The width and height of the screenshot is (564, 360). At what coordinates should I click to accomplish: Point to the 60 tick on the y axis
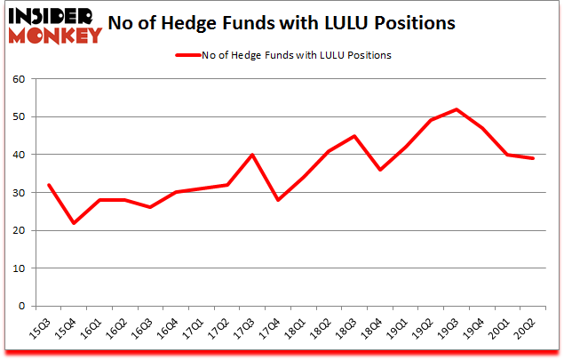click(20, 79)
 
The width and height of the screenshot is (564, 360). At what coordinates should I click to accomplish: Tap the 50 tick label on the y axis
click(20, 117)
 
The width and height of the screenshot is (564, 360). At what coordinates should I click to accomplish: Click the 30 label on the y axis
click(20, 193)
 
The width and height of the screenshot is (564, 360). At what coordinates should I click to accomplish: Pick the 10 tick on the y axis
click(20, 268)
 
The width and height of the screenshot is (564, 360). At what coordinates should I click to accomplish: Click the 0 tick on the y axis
click(23, 307)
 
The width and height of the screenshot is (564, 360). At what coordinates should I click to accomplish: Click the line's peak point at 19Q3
click(457, 109)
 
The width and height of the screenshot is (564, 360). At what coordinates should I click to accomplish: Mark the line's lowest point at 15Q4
click(74, 223)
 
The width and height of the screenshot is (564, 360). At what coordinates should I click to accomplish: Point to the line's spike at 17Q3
click(252, 155)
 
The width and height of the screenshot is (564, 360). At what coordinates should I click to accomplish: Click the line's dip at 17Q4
click(278, 200)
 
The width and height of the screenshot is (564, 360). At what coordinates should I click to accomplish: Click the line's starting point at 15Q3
click(48, 185)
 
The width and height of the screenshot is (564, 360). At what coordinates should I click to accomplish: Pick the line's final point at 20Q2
click(533, 158)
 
